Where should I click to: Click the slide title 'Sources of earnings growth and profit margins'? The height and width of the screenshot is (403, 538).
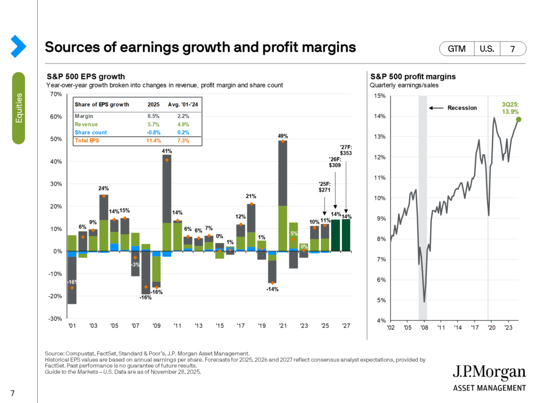coord(200,47)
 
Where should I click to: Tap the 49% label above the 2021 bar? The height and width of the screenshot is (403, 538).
coord(283,136)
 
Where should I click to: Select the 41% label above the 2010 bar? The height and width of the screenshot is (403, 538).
coord(167,151)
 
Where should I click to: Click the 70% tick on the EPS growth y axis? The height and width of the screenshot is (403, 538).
coord(56,94)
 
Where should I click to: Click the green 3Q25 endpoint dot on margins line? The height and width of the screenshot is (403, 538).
coord(519,120)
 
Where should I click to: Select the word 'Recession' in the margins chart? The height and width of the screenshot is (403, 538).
coord(462,108)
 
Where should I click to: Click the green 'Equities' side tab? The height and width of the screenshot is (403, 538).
coord(18,108)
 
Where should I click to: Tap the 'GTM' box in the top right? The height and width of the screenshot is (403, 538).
coord(457,49)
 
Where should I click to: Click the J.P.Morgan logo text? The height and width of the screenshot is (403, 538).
coord(489,374)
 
